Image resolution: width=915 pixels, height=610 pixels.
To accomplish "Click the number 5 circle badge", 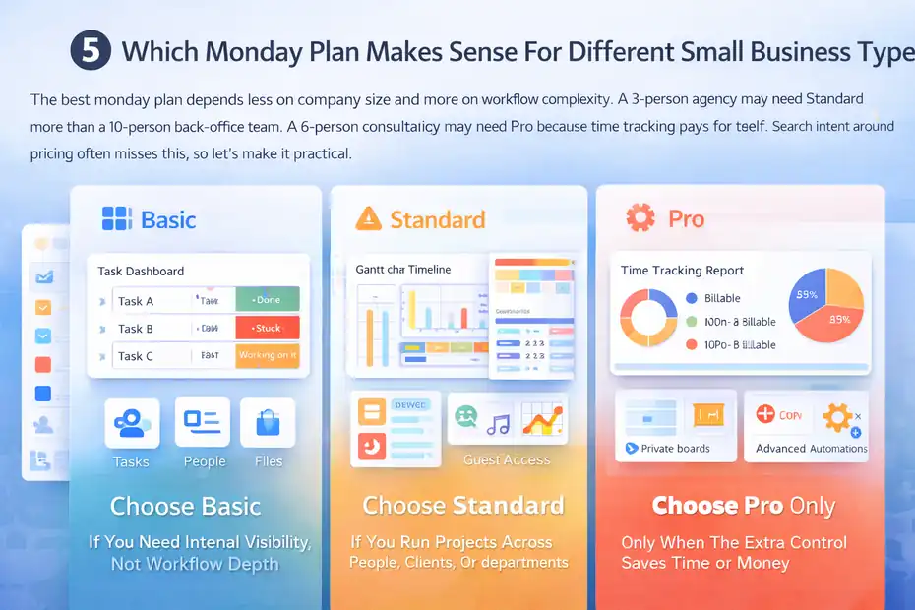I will click(91, 50).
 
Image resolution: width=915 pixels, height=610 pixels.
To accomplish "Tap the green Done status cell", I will click(267, 300).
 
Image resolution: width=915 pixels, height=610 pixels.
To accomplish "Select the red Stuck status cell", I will click(267, 328).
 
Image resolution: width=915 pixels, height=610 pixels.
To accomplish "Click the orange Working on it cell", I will click(267, 355).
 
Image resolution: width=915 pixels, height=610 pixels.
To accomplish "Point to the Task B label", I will click(136, 329).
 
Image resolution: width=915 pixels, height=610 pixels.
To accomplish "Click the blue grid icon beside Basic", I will click(117, 218).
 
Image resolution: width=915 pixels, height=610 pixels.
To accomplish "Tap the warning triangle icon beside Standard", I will click(368, 218).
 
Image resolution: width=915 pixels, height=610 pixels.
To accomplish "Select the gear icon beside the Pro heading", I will click(640, 217).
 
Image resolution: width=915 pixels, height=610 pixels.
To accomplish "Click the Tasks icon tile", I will click(132, 422).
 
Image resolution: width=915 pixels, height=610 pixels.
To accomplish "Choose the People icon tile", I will click(203, 422).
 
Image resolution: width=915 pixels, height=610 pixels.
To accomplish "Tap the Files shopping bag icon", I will click(268, 422).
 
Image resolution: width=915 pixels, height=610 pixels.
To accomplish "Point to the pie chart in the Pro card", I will click(826, 305).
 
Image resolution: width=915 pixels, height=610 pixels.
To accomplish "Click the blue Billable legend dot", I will click(691, 298).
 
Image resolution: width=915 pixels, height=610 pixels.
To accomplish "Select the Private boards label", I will click(675, 449).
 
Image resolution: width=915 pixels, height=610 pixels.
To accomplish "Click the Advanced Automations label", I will click(811, 449).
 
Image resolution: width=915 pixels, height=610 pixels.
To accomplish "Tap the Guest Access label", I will click(506, 459).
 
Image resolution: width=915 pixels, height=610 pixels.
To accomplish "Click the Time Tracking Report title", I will click(682, 271).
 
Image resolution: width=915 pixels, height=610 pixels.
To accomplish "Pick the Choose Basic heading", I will click(185, 507).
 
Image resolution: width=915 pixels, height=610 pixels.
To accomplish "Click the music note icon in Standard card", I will click(499, 423).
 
